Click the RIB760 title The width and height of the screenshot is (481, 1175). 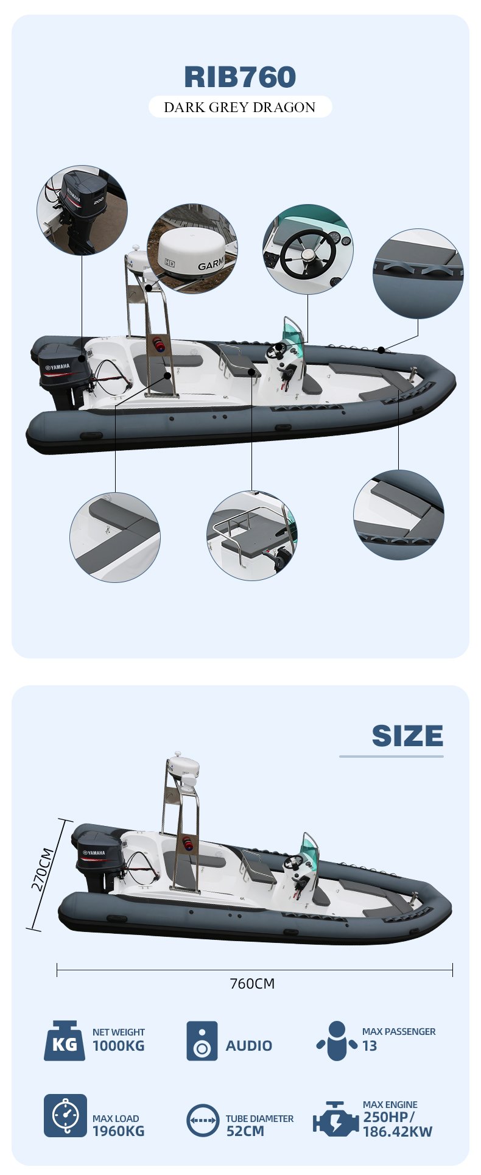240,77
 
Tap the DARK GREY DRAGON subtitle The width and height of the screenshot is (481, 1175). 240,108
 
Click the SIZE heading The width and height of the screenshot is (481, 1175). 407,736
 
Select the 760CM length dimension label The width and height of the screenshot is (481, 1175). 252,984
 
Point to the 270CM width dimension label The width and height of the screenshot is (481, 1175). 43,870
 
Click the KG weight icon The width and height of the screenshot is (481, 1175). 64,1040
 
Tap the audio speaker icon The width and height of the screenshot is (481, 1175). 202,1040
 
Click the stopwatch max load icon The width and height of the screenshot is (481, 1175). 65,1115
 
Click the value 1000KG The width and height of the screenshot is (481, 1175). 119,1046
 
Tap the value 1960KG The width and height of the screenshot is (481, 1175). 119,1131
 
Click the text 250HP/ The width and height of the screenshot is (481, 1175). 389,1117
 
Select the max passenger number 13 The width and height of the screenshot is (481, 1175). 370,1046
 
